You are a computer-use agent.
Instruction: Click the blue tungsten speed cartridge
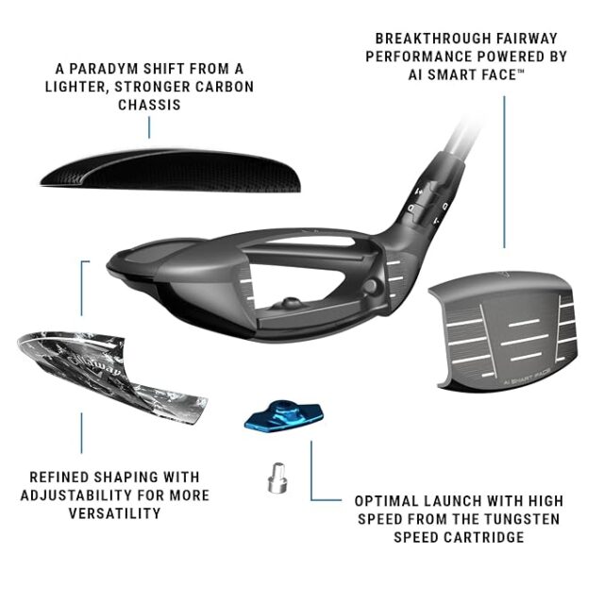point(284,416)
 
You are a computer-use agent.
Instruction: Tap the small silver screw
point(277,478)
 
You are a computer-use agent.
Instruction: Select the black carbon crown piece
point(171,170)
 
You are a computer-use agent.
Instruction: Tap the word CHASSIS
point(149,105)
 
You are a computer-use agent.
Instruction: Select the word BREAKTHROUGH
point(433,39)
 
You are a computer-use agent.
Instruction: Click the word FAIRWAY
point(527,39)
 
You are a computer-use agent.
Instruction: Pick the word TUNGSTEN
point(522,519)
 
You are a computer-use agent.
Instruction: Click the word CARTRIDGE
point(484,537)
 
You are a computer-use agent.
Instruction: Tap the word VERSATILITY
point(115,513)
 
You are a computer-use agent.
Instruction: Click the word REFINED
point(59,477)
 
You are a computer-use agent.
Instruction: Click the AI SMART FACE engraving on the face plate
point(527,377)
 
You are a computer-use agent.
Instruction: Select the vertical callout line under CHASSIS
point(149,127)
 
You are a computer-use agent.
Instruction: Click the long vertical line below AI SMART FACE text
point(504,172)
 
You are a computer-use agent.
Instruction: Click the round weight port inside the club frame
point(370,286)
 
